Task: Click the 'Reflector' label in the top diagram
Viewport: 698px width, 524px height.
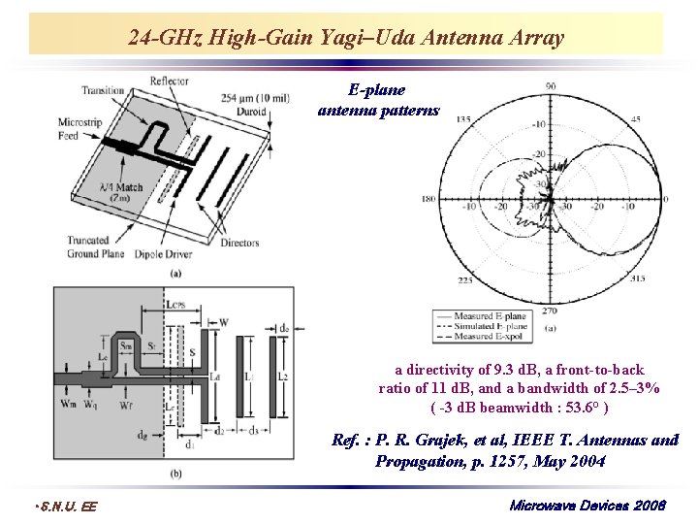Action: tap(169, 82)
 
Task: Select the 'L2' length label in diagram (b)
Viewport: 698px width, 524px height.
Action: tap(283, 374)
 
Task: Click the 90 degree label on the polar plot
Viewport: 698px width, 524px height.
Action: tap(550, 86)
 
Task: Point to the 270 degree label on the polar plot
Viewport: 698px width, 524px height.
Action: tap(550, 312)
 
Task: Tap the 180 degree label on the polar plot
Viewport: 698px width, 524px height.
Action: tap(428, 200)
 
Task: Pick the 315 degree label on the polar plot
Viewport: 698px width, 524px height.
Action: tap(636, 279)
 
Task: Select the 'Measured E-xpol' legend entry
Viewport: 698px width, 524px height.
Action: tap(491, 336)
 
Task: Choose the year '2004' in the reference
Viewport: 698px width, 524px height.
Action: tap(585, 461)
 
